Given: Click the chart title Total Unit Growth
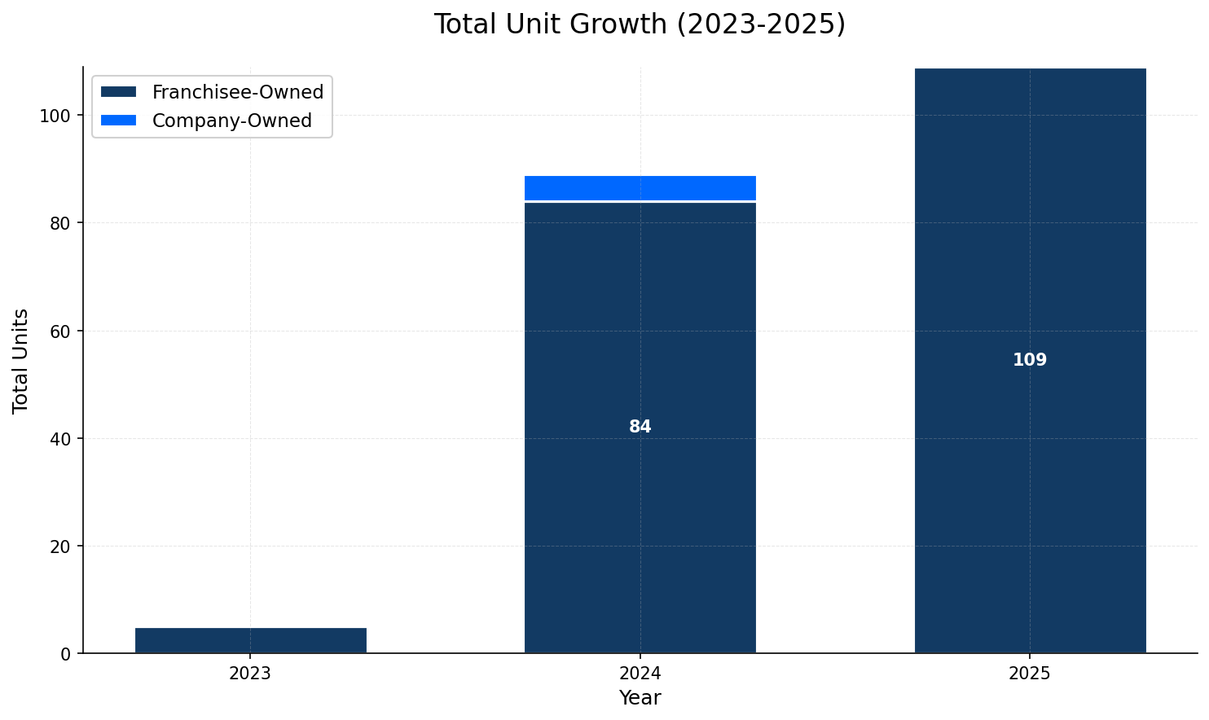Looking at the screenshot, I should tap(640, 24).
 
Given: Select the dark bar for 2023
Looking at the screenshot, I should tap(250, 640).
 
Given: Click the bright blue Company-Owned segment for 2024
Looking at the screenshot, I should tap(640, 188).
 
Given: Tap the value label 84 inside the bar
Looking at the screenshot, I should tap(640, 427).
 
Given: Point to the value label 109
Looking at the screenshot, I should tap(1030, 360).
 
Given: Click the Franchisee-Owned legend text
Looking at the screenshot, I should tap(238, 92).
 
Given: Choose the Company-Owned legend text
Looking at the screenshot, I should tap(232, 121).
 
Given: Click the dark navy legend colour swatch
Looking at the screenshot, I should tap(119, 92).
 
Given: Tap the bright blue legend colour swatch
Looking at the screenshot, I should tap(119, 121).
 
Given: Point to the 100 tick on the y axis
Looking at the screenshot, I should tap(55, 116).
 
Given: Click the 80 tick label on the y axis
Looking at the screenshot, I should tap(60, 223).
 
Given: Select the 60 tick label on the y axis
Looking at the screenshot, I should tap(60, 331).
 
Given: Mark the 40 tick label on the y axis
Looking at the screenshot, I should tap(60, 438).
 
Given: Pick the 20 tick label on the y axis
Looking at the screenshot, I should tap(60, 546).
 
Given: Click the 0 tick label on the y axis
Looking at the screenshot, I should tap(66, 653).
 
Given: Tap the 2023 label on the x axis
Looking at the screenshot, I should tap(250, 674).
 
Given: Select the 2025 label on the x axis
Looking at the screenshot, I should tap(1030, 674).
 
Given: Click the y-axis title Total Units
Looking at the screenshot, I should tap(21, 360).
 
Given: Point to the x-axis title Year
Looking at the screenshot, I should tap(640, 698).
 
